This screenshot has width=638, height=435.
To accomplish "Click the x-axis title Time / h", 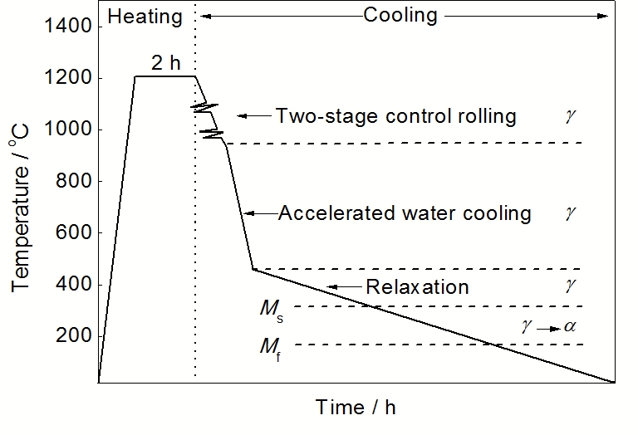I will [x=356, y=407].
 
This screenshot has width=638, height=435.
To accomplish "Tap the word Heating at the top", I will [x=144, y=15].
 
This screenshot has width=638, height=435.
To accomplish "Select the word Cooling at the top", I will [x=400, y=15].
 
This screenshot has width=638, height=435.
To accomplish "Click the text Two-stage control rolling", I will [x=395, y=115].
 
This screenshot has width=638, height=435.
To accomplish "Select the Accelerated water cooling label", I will [x=404, y=213].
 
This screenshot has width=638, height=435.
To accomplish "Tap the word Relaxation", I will [x=417, y=287].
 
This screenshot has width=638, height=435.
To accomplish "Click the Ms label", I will [x=271, y=309].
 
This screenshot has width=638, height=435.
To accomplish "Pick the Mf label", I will [x=271, y=347].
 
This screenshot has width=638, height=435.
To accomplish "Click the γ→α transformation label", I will [x=547, y=327].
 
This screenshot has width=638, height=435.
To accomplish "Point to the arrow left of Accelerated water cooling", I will [x=259, y=213].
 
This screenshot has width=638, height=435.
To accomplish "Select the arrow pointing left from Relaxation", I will [x=343, y=287].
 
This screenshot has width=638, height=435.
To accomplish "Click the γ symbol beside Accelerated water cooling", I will [x=569, y=213].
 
